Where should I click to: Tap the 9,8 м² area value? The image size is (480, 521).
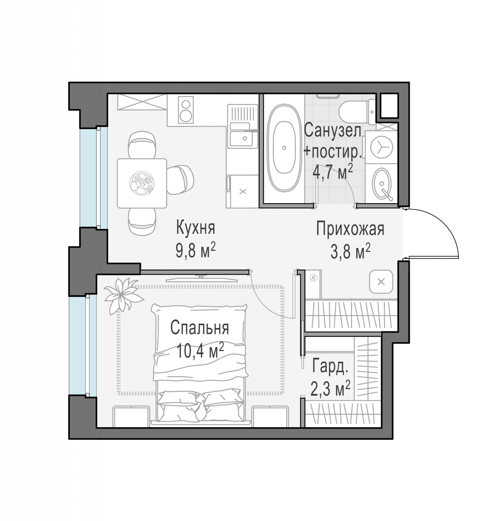(196, 252)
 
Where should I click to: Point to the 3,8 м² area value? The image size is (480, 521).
(350, 252)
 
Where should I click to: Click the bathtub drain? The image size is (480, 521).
(284, 148)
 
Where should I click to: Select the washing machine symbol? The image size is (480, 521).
(381, 147)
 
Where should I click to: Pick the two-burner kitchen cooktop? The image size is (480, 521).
(186, 110)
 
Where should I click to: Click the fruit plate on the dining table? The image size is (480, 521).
(142, 183)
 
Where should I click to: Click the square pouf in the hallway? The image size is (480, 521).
(381, 282)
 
